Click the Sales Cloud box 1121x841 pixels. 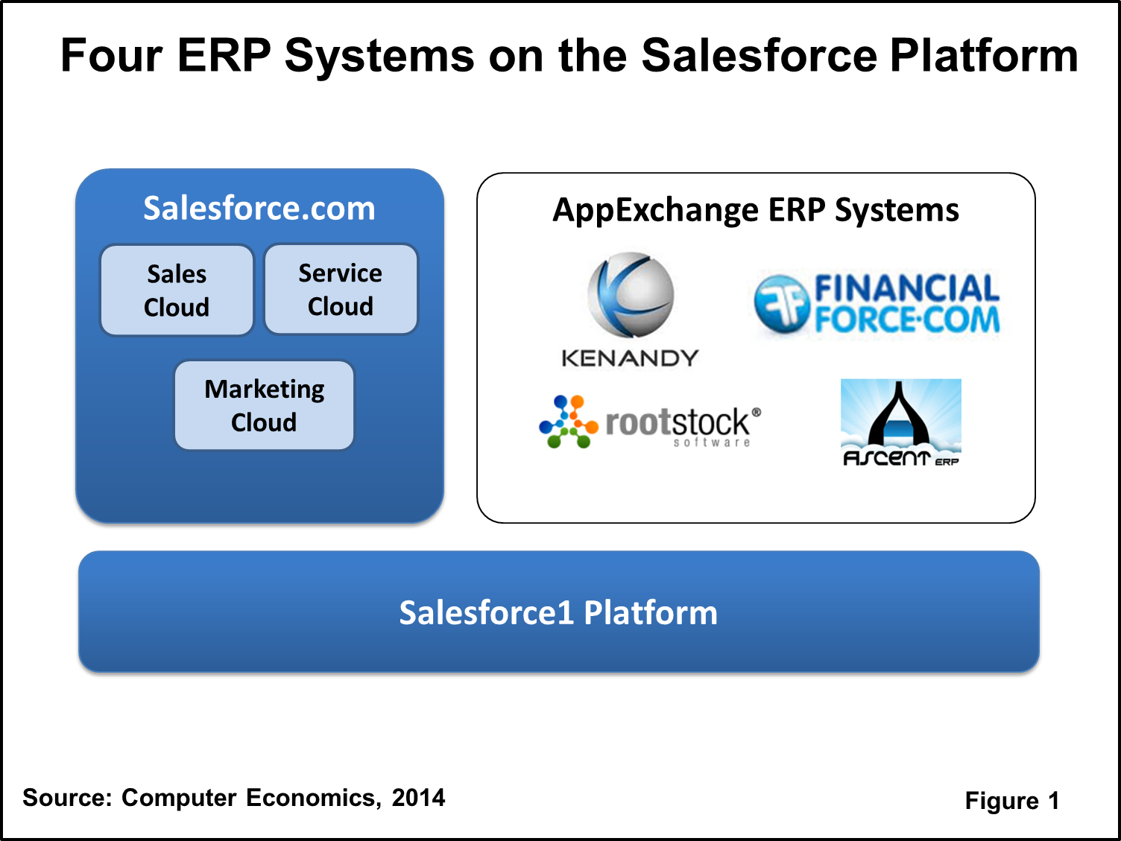pos(177,291)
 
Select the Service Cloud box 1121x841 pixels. pos(341,290)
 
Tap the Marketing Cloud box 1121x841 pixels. pos(264,405)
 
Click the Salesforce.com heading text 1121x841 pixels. pos(259,208)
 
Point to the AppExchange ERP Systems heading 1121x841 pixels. pos(755,210)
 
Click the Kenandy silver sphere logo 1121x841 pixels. pos(631,295)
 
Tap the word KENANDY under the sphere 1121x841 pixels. pos(630,358)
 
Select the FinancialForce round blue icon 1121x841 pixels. pos(781,304)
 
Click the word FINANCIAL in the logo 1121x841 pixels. pos(906,288)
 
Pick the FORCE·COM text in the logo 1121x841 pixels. pos(906,320)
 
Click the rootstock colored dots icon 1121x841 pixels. pos(568,422)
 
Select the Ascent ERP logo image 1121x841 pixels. pos(900,422)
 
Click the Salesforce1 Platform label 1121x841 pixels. pos(558,612)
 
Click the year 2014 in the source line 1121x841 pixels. pos(418,798)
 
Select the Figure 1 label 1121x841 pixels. pos(1011,801)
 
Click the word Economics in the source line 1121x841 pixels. pos(311,798)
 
